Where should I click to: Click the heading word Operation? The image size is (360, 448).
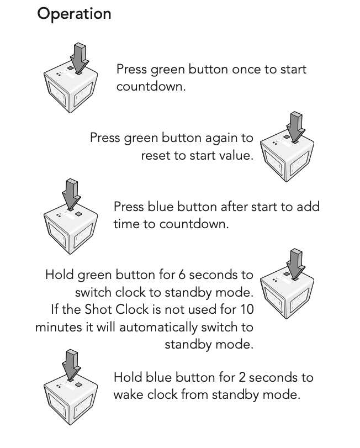click(x=74, y=14)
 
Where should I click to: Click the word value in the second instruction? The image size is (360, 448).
click(x=236, y=156)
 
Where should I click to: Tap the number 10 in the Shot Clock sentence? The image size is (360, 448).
click(x=246, y=309)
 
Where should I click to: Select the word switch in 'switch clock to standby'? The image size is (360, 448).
click(x=93, y=292)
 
